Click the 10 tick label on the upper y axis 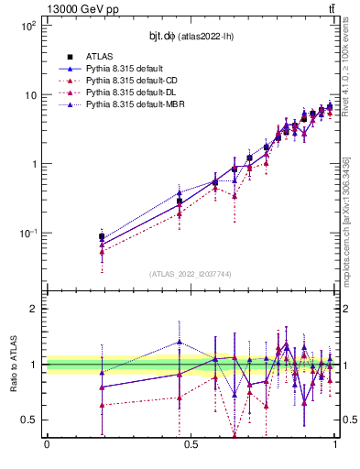29,95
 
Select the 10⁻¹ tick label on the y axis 27,234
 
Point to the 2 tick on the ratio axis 35,309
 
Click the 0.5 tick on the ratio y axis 30,420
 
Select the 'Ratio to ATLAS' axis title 13,364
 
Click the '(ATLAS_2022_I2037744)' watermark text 190,274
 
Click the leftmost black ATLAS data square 102,236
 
